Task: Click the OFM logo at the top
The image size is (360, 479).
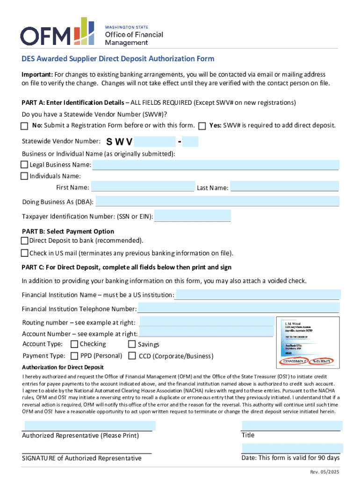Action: point(91,32)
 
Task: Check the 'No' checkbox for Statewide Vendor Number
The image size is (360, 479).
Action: point(24,126)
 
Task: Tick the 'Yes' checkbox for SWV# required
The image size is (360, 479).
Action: point(202,126)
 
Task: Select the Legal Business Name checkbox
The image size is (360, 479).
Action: point(24,165)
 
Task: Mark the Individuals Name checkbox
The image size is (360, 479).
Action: point(24,176)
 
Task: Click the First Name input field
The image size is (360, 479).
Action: point(143,187)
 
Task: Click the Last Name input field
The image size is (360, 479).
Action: point(284,187)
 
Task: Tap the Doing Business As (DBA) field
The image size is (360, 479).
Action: point(217,202)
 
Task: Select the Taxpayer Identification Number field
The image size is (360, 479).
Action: point(192,216)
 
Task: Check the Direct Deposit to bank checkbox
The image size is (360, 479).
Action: point(25,240)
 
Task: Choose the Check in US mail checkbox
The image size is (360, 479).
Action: point(25,253)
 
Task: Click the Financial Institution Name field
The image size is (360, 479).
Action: point(258,294)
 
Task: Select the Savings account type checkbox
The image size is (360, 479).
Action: point(131,344)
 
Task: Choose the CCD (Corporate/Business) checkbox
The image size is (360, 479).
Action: point(131,356)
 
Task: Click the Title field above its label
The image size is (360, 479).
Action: point(291,426)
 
